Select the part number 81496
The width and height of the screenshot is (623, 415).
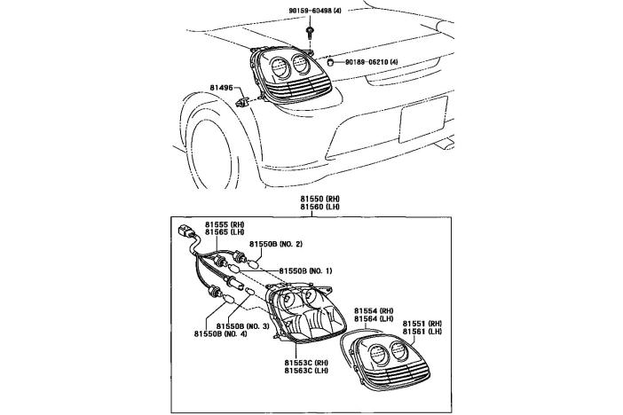pyautogui.click(x=222, y=87)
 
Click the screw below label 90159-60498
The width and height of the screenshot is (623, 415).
pyautogui.click(x=309, y=32)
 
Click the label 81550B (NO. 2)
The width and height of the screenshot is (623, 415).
pyautogui.click(x=276, y=243)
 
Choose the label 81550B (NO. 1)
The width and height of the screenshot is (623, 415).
pyautogui.click(x=305, y=270)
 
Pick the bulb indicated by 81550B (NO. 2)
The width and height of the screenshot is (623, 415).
pyautogui.click(x=252, y=262)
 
